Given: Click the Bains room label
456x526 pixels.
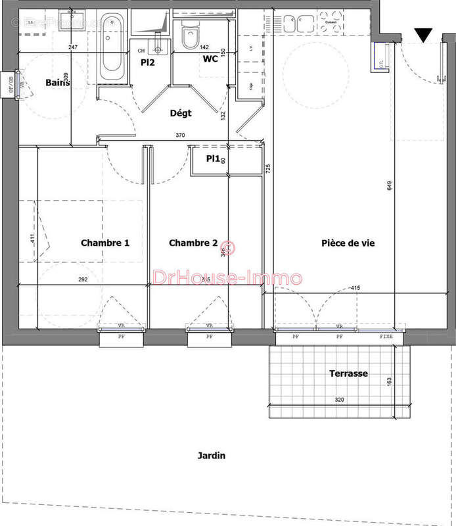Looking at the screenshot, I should click(58, 83).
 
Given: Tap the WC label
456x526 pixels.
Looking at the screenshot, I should click(211, 59).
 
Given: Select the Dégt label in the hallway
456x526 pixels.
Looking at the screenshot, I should click(181, 113).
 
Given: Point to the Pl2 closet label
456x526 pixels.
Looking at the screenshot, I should click(147, 62).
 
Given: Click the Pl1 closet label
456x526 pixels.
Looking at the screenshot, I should click(212, 158).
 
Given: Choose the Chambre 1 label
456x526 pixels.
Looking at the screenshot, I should click(104, 243).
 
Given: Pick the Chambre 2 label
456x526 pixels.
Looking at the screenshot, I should click(193, 243).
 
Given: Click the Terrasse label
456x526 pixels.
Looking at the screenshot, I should click(348, 373).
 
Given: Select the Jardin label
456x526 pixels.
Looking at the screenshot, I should click(210, 455).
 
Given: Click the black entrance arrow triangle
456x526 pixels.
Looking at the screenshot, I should click(424, 35).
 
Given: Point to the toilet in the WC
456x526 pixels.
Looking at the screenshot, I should click(189, 36).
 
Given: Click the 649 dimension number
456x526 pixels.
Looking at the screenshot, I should click(390, 186).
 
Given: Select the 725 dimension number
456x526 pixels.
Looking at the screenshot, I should click(267, 168).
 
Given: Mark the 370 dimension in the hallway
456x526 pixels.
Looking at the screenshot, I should click(179, 135).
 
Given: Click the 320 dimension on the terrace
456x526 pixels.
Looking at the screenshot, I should click(339, 399).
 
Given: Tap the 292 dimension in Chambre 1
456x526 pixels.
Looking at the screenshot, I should click(83, 279).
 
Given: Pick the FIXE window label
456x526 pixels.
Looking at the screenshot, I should click(388, 336).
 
